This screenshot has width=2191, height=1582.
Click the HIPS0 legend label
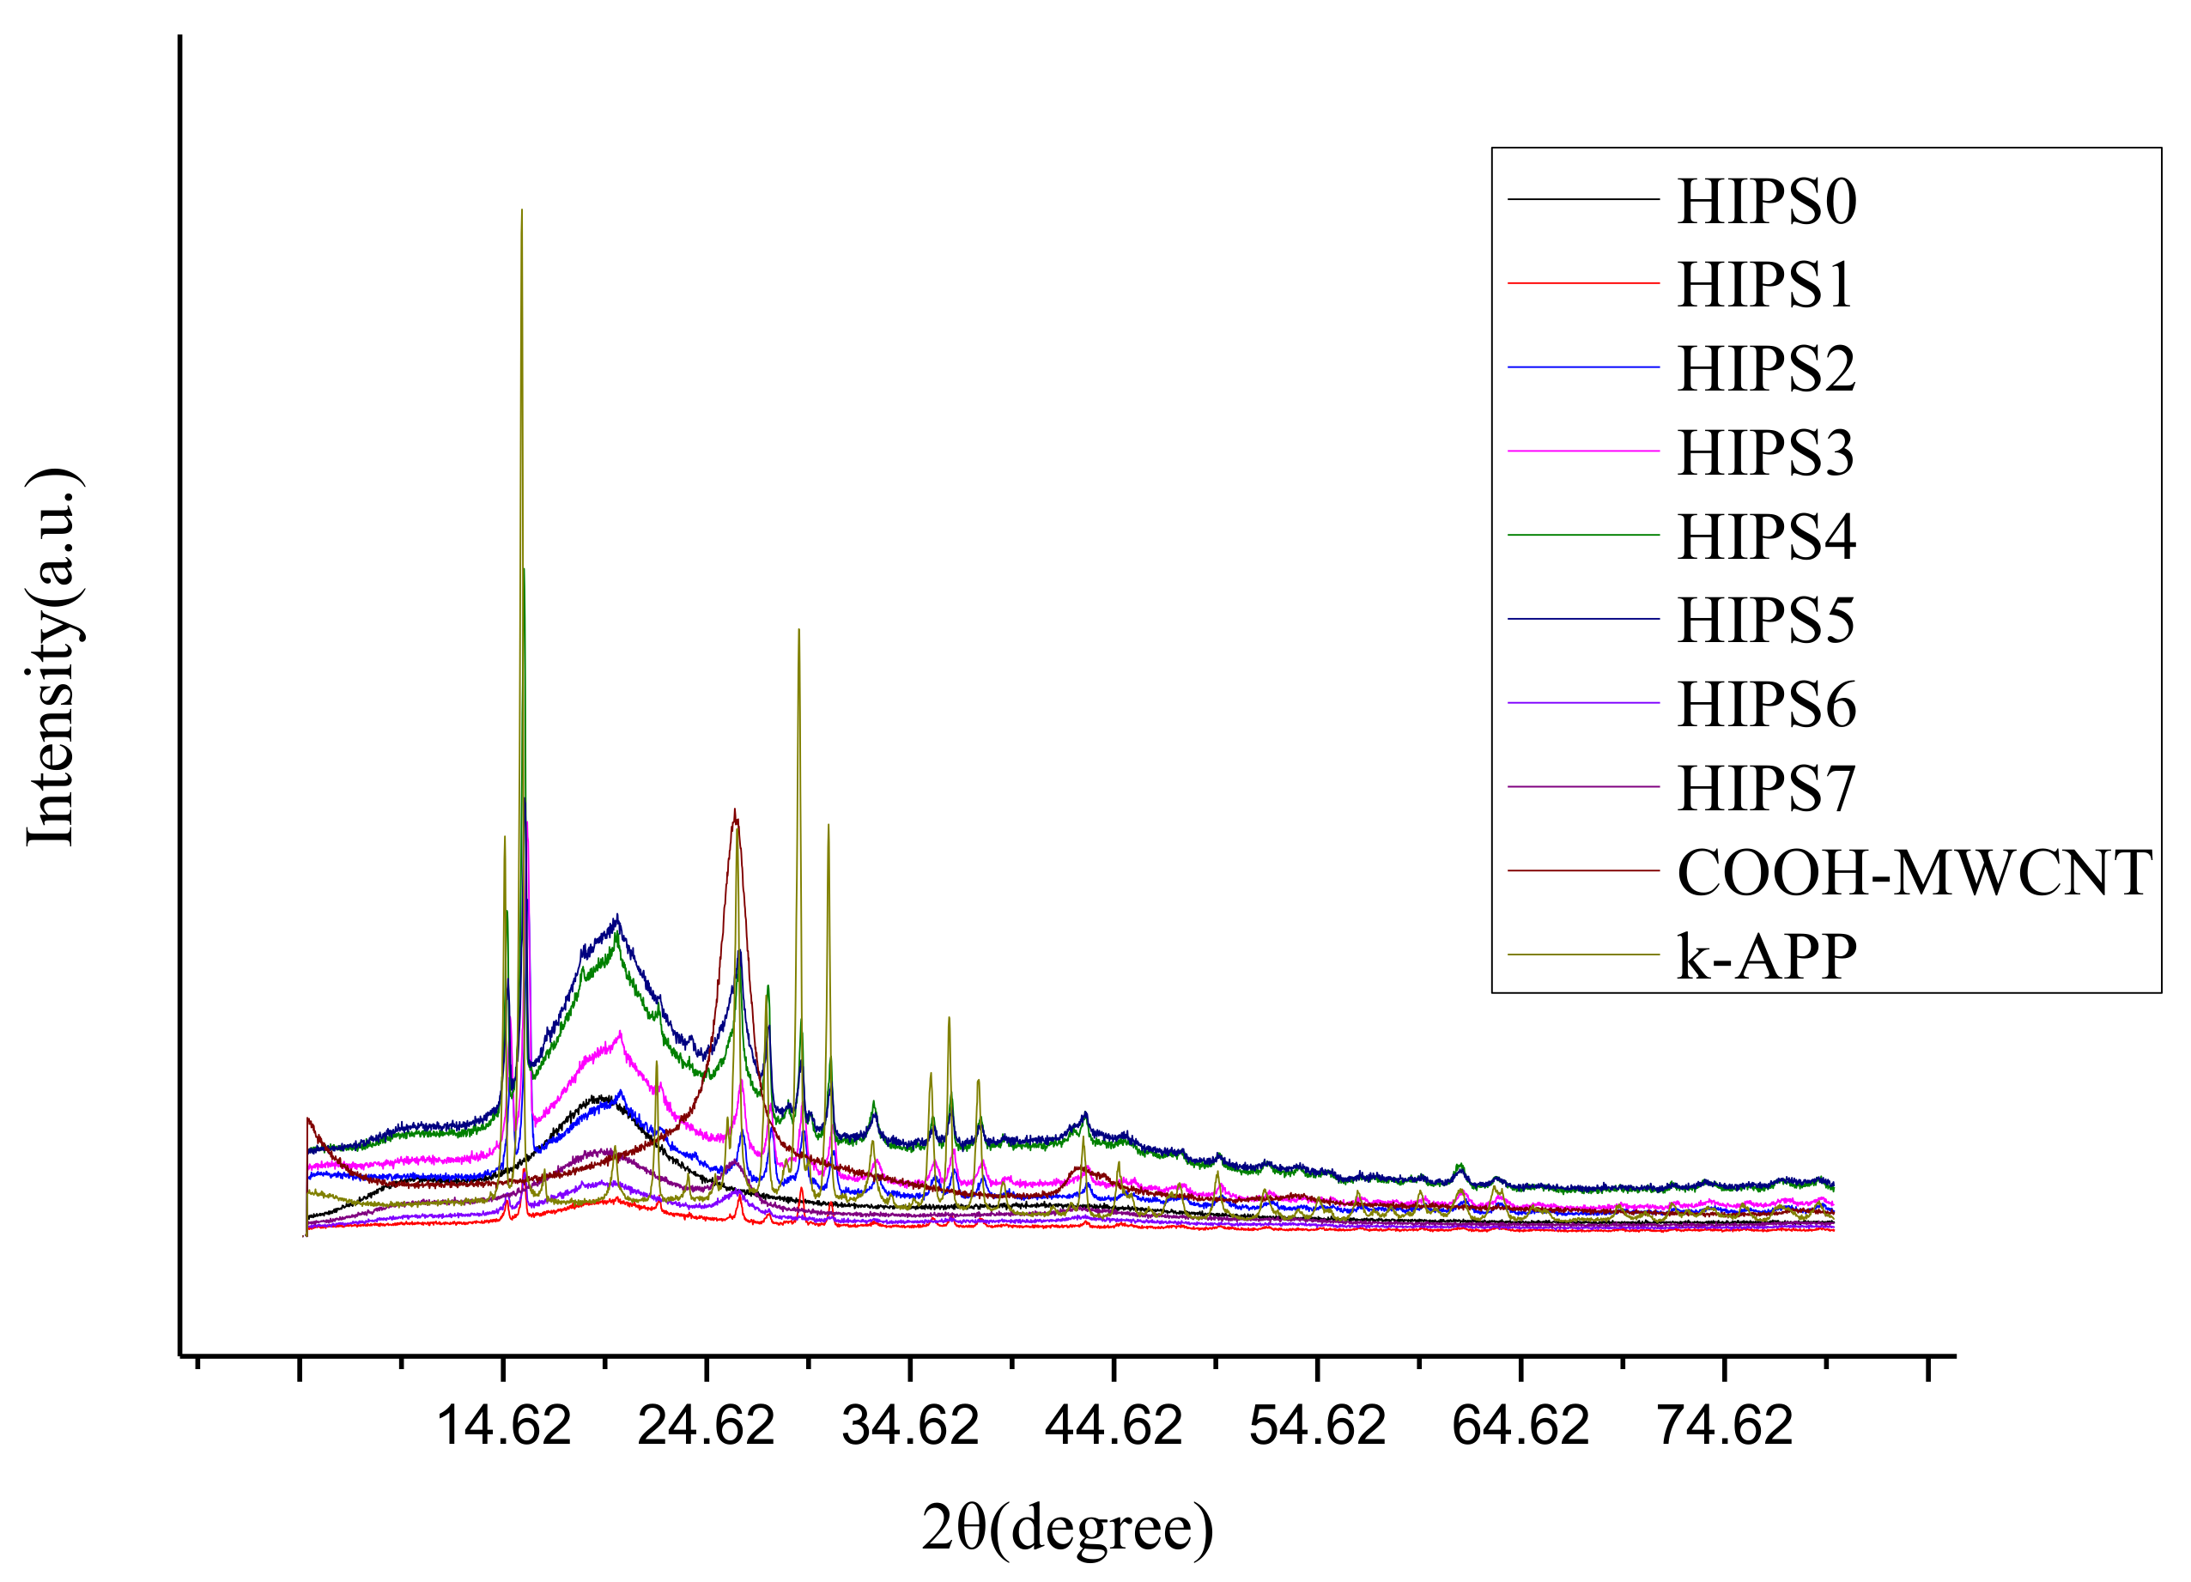(x=1766, y=202)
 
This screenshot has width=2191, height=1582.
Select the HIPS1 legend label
(x=1765, y=286)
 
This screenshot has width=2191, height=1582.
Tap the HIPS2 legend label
(x=1766, y=369)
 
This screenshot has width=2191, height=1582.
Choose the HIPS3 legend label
(x=1765, y=453)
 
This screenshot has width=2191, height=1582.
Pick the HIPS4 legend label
(x=1766, y=537)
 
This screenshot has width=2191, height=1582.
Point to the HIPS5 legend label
(x=1765, y=620)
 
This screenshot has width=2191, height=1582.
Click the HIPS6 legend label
(x=1766, y=704)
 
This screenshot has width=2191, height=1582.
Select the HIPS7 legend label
(x=1765, y=788)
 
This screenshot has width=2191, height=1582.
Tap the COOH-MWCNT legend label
(x=1914, y=872)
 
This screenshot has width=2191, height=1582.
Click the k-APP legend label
(x=1766, y=956)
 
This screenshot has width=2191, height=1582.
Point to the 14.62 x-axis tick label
(x=504, y=1426)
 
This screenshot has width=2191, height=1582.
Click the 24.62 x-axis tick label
(x=707, y=1426)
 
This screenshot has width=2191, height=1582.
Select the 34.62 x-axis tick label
(x=910, y=1426)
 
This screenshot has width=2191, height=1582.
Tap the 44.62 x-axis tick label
(x=1114, y=1426)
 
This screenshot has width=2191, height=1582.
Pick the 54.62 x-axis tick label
(x=1318, y=1426)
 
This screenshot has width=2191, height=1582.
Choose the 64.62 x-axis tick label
(x=1520, y=1426)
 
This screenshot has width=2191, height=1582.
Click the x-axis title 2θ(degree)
(x=1067, y=1528)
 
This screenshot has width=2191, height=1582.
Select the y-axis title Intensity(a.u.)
(x=52, y=658)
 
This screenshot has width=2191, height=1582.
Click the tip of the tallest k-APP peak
(x=522, y=210)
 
